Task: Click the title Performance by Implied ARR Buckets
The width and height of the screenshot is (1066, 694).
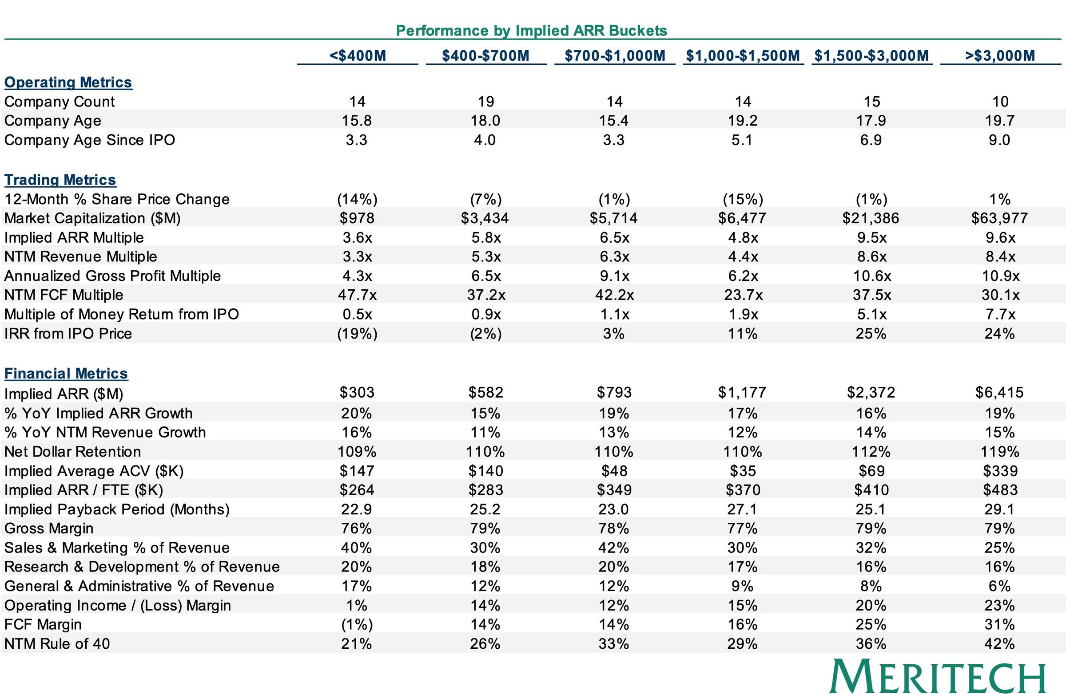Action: tap(532, 31)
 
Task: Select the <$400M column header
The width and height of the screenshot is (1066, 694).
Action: tap(358, 55)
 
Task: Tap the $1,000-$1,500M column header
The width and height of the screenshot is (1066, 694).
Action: tap(743, 55)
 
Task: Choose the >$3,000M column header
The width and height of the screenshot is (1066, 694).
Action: tap(1000, 55)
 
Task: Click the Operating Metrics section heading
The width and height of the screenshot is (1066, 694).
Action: tap(68, 83)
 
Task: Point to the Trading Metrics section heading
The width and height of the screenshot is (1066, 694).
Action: tap(60, 180)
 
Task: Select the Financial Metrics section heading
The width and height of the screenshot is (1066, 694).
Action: tap(66, 374)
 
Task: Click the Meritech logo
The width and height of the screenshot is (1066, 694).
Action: tap(938, 676)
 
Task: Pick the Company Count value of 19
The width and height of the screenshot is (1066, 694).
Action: tap(486, 102)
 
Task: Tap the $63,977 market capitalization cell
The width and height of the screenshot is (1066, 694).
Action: tap(1000, 218)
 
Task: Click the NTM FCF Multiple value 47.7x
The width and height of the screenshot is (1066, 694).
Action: tap(357, 295)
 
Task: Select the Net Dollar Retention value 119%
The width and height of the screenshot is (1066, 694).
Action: tap(1000, 451)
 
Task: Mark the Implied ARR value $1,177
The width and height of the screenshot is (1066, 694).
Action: tap(742, 392)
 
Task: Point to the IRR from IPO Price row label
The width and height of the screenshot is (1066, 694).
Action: tap(68, 333)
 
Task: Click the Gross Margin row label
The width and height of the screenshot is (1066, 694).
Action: tap(49, 528)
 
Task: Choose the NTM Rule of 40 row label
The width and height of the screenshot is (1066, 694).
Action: tap(57, 643)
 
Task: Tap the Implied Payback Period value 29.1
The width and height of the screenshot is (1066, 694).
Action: tap(1000, 509)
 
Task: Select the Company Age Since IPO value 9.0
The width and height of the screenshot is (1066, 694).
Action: tap(999, 140)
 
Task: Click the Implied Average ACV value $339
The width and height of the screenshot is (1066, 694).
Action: tap(1000, 471)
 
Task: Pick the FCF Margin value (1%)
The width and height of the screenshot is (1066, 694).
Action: tap(357, 624)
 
